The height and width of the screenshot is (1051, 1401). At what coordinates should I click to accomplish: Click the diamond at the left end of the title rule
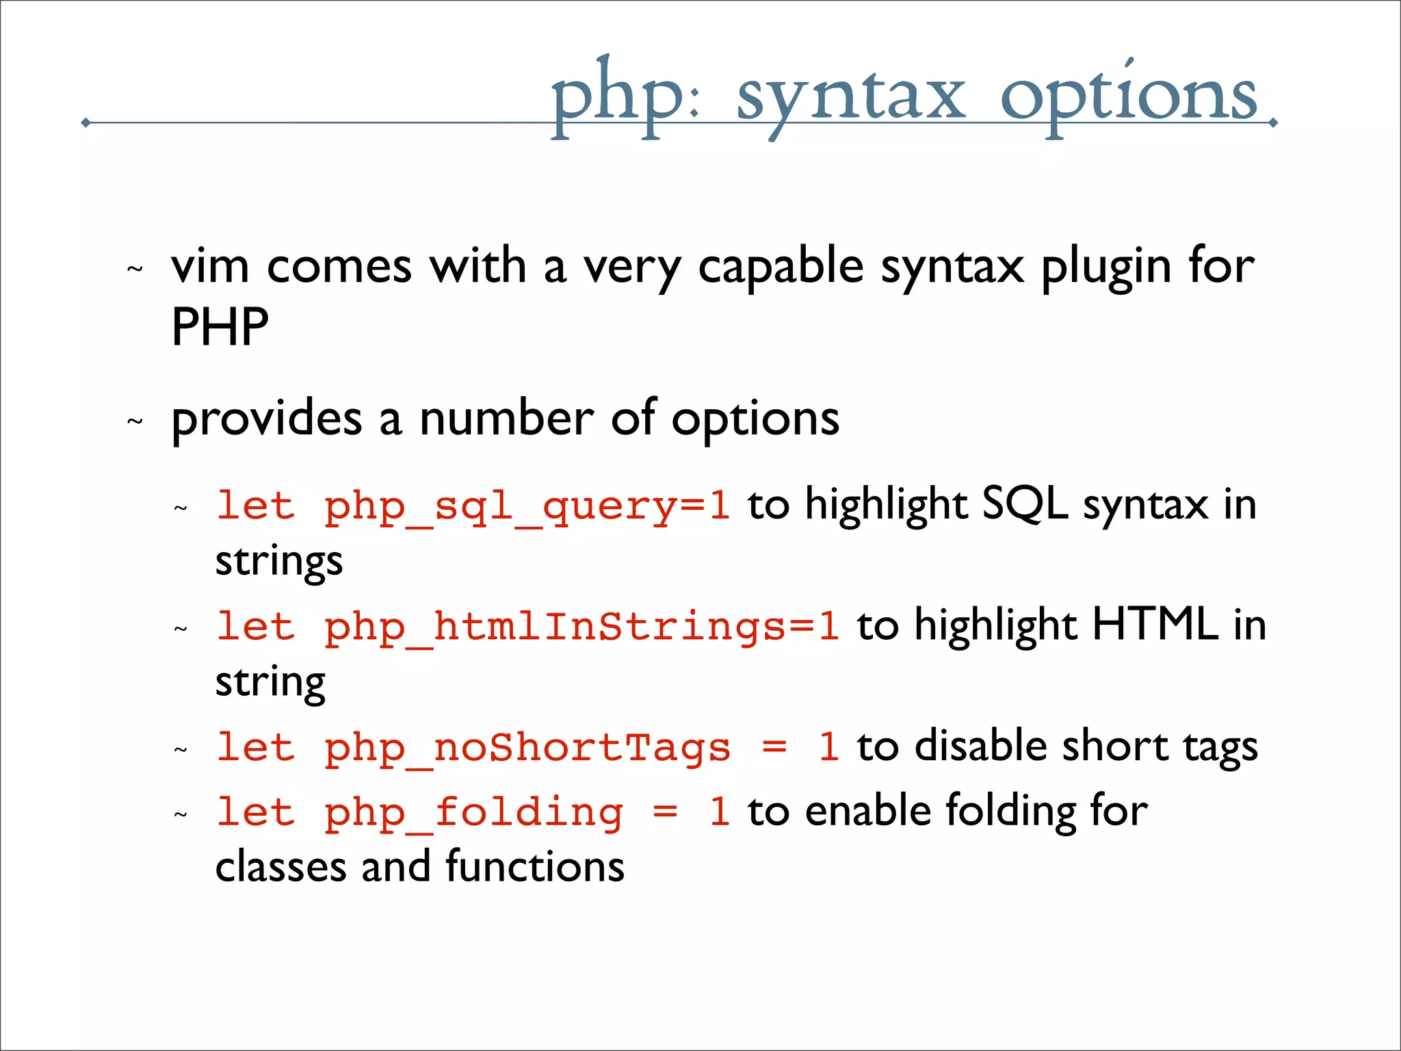[x=86, y=123]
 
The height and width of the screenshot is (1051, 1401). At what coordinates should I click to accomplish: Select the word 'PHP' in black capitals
[x=220, y=327]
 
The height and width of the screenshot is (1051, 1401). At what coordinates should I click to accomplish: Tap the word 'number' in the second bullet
[x=506, y=419]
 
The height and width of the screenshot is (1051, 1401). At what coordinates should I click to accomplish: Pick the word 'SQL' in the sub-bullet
[x=1024, y=505]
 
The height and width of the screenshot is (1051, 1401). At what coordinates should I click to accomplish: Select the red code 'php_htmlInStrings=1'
[x=581, y=627]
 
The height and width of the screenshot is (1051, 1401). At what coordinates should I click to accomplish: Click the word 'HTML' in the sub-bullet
[x=1155, y=625]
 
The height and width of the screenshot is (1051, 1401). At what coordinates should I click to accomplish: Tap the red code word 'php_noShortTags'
[x=527, y=747]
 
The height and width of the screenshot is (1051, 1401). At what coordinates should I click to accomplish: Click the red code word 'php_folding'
[x=473, y=813]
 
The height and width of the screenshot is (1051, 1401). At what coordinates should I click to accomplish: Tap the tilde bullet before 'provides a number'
[x=135, y=421]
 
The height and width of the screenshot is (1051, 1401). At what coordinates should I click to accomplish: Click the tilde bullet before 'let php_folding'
[x=181, y=815]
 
